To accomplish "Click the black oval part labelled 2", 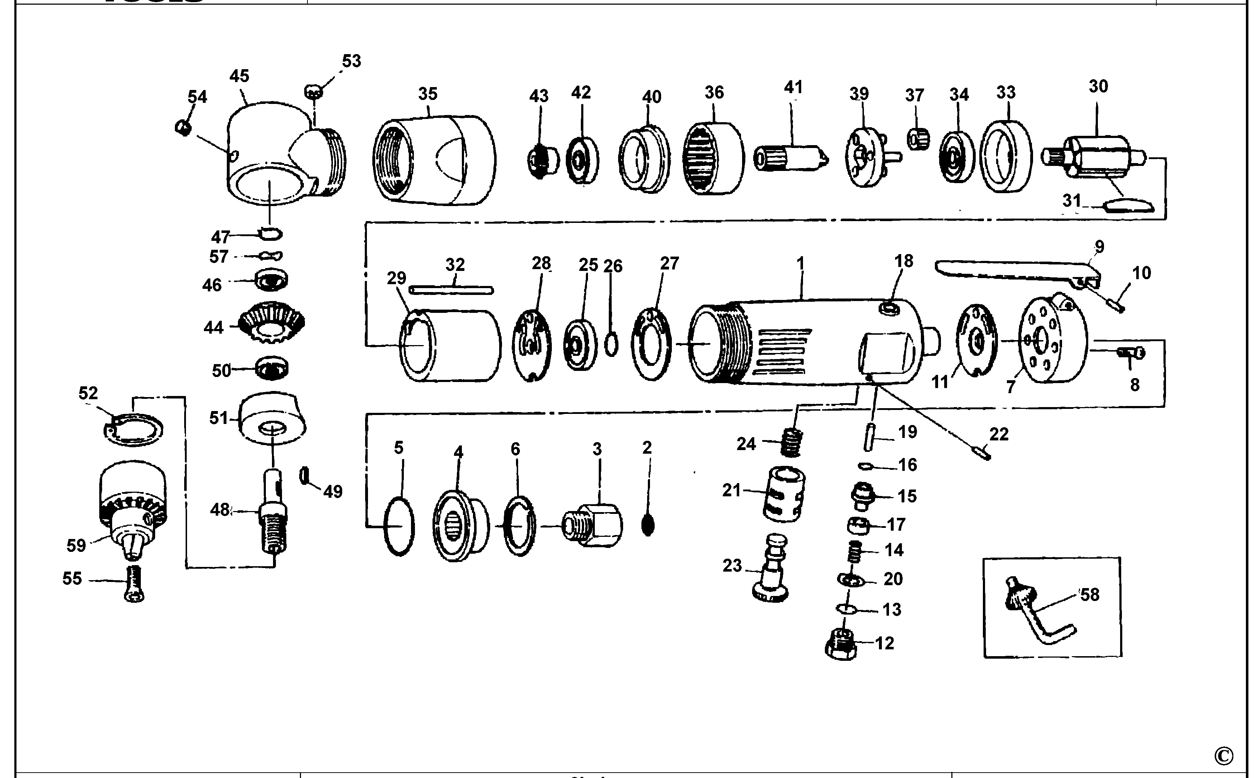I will pyautogui.click(x=648, y=525).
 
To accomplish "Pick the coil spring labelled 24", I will pyautogui.click(x=791, y=442).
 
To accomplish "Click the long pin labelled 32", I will pyautogui.click(x=452, y=290).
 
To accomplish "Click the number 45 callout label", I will pyautogui.click(x=239, y=76).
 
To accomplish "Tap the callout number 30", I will pyautogui.click(x=1098, y=86).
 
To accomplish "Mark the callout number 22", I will pyautogui.click(x=999, y=434).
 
